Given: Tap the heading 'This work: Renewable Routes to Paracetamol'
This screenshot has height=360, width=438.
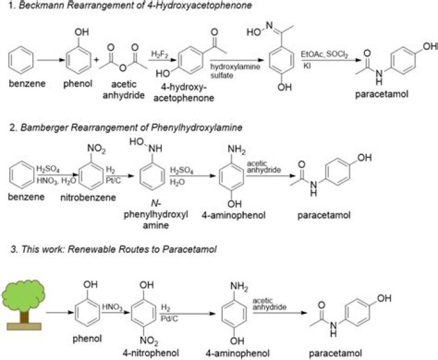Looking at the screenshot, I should point(119,249).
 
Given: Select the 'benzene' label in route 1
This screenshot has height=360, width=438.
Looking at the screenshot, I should point(23,83).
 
